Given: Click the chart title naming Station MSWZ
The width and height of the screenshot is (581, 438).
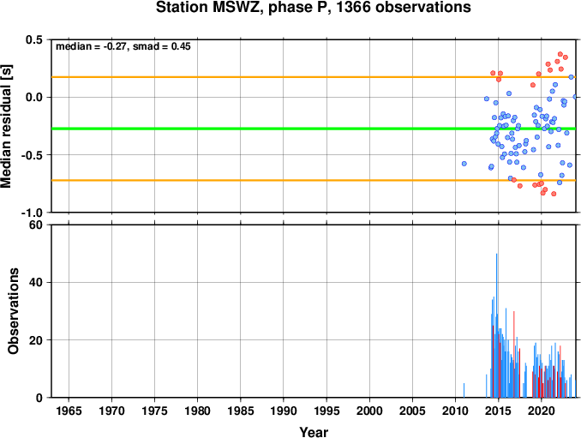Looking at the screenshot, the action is coord(313,7).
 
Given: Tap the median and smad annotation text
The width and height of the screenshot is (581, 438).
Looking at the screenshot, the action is coord(123,46).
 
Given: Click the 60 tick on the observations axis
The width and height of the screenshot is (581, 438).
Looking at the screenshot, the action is coord(36,225).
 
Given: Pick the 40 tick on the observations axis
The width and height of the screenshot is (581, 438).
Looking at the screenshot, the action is coord(36,282).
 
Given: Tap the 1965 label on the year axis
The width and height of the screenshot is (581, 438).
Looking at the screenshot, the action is coord(69,411).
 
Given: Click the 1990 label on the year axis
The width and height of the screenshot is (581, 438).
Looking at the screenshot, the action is coord(284,411).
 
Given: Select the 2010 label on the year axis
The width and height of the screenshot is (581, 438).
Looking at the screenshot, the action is coord(455,411).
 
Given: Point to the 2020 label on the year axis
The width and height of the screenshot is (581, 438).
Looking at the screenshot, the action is coord(542,411).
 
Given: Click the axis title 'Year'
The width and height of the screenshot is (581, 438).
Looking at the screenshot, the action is coord(314,432).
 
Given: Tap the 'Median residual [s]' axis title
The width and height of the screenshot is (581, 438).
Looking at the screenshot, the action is coord(6,126).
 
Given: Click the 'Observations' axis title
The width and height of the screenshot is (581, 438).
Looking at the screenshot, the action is coord(13,311).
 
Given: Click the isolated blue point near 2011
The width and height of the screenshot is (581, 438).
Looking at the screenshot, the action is coord(464,164).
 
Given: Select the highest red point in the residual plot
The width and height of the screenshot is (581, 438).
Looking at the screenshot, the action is coord(560,54).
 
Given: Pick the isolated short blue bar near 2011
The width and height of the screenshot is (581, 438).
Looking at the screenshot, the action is coord(464,390).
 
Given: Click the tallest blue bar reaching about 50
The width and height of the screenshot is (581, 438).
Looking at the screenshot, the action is coord(496,326).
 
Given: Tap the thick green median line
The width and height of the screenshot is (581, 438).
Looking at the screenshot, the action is coord(314,129).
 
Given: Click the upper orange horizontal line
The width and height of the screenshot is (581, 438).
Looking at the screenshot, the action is coord(314,77).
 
